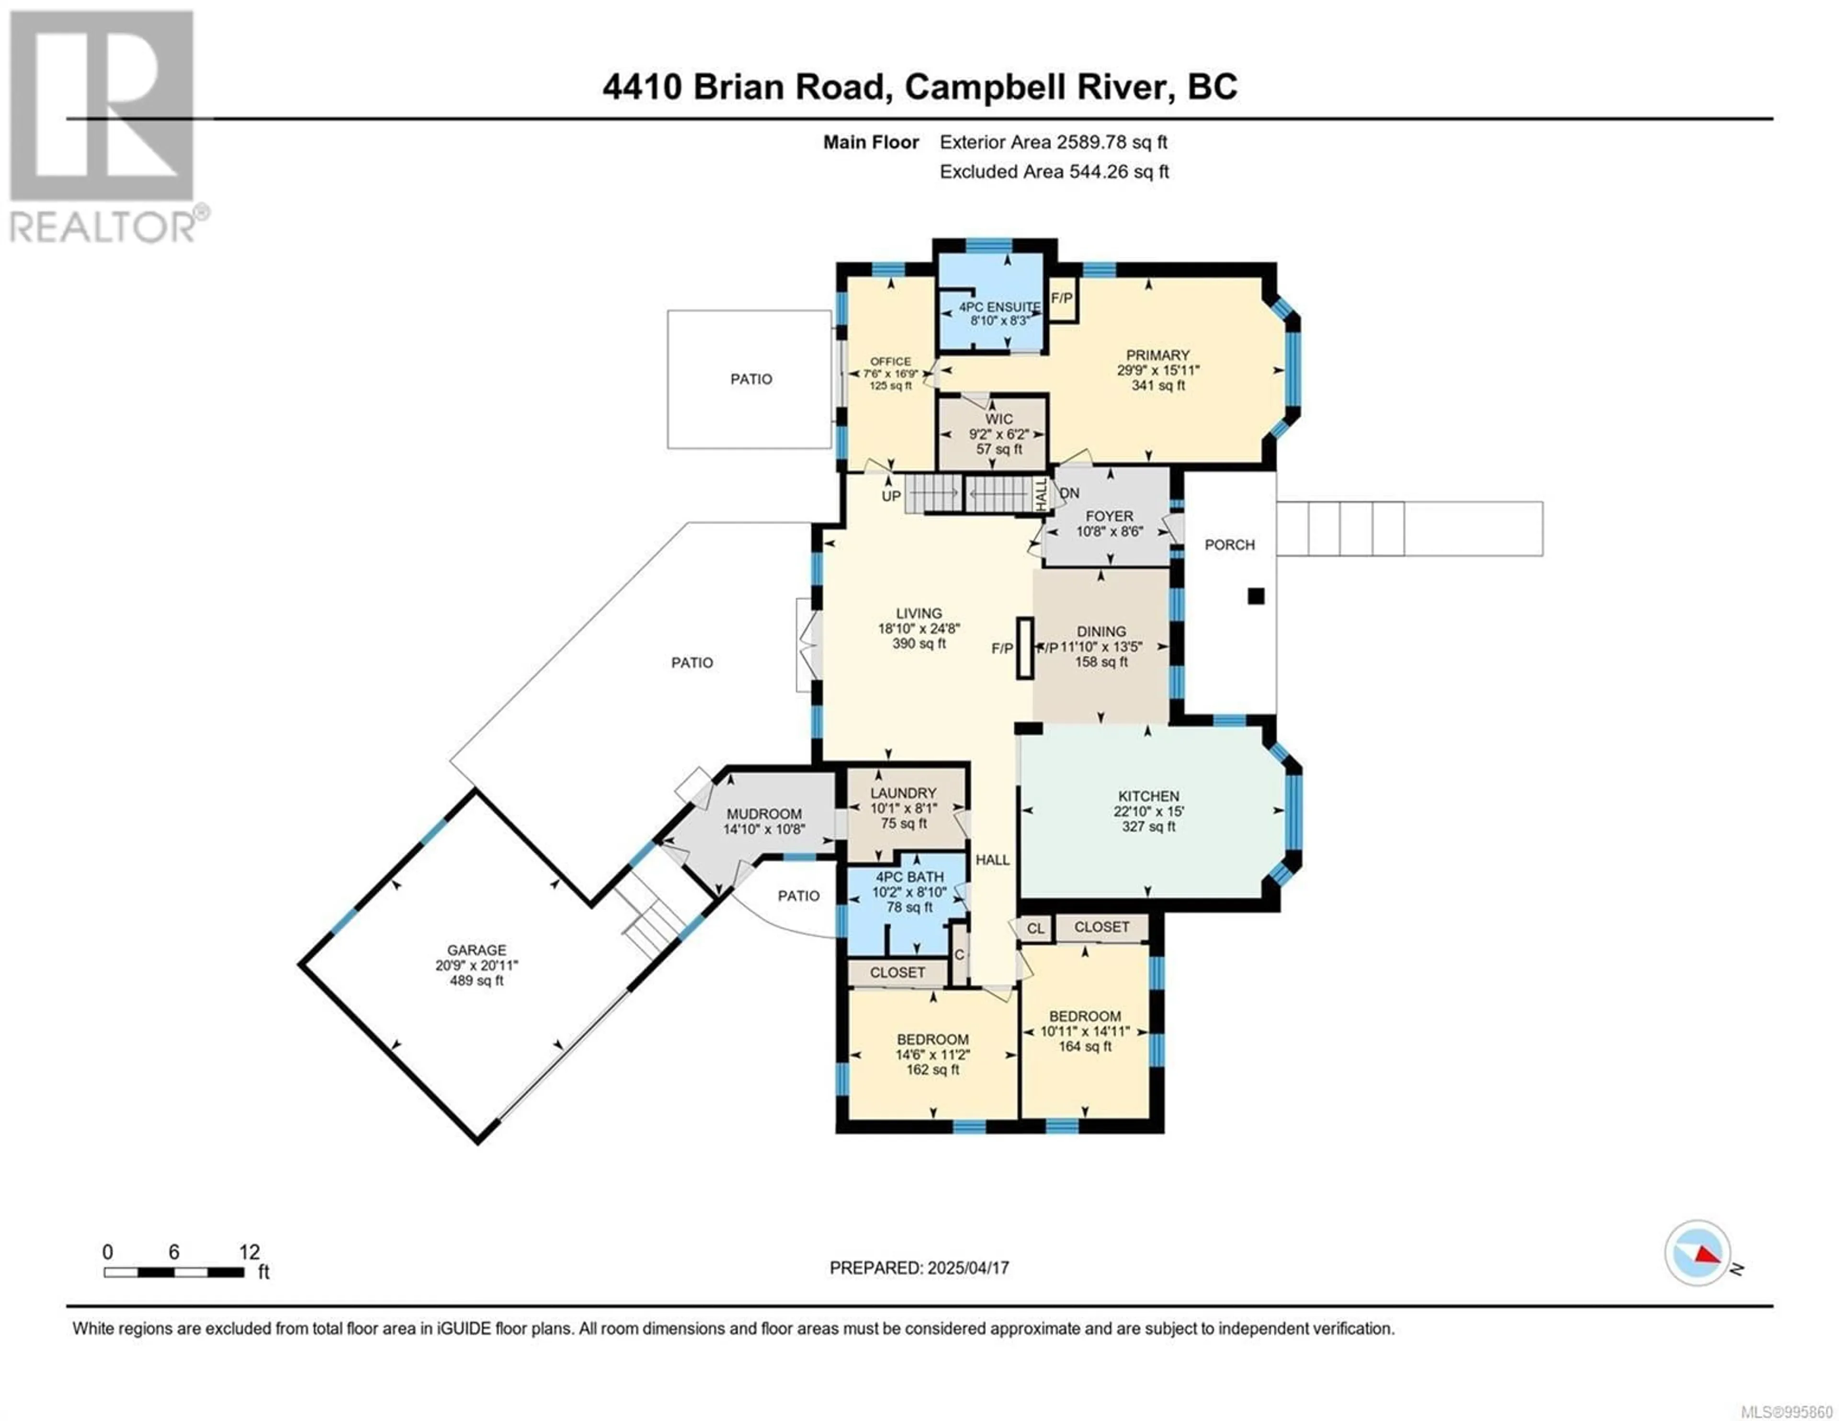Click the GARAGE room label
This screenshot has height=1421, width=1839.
(x=477, y=950)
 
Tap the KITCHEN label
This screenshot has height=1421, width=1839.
(x=1148, y=796)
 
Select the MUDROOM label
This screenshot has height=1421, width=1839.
(x=764, y=814)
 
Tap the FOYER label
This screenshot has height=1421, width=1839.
(x=1110, y=516)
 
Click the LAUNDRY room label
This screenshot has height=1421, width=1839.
(x=904, y=793)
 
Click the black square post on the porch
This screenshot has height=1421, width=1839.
(x=1256, y=596)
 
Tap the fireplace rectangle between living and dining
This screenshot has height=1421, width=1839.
(x=1026, y=648)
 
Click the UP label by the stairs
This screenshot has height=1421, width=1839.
(x=891, y=496)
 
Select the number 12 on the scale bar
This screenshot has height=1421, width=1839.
(x=249, y=1251)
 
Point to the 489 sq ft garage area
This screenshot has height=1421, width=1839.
(x=477, y=980)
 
